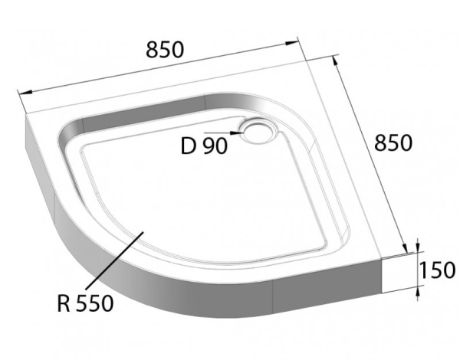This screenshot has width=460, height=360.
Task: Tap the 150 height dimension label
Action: (x=439, y=270)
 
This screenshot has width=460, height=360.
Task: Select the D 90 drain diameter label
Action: (x=203, y=146)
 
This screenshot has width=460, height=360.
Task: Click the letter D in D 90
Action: (x=189, y=146)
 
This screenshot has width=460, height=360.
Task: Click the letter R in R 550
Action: (x=64, y=303)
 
